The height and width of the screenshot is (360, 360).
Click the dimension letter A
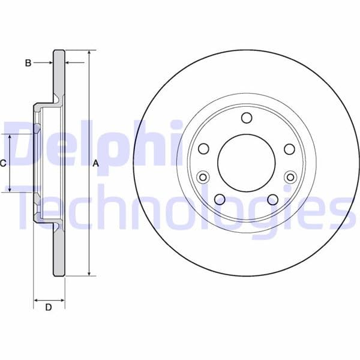[96, 164]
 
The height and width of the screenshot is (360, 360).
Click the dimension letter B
[28, 63]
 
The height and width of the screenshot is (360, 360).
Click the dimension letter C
[3, 163]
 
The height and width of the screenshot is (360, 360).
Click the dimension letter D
[49, 307]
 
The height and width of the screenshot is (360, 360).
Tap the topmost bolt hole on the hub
[247, 118]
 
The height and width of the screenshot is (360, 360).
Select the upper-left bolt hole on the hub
[203, 149]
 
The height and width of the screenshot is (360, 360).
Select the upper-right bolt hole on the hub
[290, 149]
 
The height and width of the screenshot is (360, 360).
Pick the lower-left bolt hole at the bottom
[220, 199]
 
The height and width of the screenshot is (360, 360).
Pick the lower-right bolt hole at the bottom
[273, 200]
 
